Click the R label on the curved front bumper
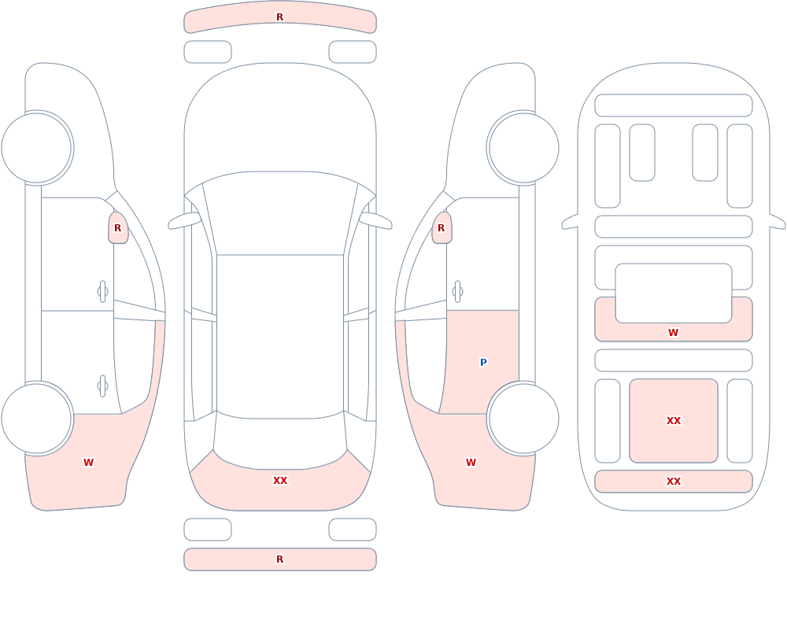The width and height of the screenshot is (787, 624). point(280,17)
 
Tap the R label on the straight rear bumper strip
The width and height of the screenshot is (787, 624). point(280,559)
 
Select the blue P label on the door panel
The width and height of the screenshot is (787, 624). point(483,363)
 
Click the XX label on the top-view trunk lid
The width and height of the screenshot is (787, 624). point(280,481)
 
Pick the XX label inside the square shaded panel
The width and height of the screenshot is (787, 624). point(674,421)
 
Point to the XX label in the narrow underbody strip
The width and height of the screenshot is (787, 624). point(674,482)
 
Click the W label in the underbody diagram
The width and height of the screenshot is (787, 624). point(674,332)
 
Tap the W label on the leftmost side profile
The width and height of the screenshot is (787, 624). point(88,463)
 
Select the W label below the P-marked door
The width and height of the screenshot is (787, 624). point(471,463)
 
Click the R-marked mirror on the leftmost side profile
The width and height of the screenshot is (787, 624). point(118,228)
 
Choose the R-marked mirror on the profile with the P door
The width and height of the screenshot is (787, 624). point(442,228)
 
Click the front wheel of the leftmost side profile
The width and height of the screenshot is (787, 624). point(37,148)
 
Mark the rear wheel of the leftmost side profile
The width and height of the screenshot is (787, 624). point(37,418)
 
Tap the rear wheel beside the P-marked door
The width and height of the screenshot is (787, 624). point(523,418)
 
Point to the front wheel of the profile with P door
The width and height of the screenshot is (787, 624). point(523,148)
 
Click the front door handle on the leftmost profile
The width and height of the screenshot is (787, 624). point(103,292)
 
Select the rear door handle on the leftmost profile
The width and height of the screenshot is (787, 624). point(103,386)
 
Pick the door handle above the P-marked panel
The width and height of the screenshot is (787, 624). point(457,292)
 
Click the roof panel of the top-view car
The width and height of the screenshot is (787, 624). point(280,335)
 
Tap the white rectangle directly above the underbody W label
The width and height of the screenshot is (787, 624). point(674,294)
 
